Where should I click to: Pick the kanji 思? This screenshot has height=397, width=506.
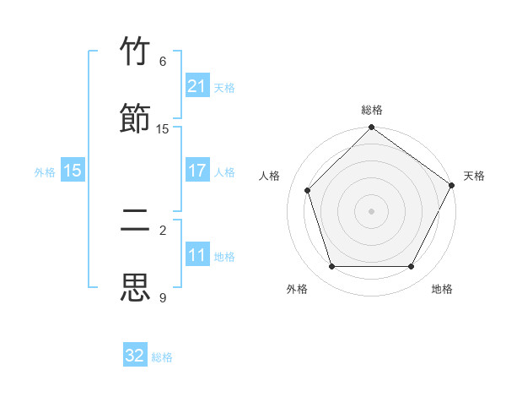136,287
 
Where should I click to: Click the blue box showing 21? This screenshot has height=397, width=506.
197,86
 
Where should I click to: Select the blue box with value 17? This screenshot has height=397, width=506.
197,171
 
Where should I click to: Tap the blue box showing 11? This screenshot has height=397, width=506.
197,255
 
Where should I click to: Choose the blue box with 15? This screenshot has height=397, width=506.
73,171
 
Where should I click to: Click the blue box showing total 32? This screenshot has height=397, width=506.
135,356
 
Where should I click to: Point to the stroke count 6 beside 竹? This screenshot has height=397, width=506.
163,62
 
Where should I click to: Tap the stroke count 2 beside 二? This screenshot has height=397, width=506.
163,231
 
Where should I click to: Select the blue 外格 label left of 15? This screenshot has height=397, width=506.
45,172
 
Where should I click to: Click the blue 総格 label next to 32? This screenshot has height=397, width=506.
162,357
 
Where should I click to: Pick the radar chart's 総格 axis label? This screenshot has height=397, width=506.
371,111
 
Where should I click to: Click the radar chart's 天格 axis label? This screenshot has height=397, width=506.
474,176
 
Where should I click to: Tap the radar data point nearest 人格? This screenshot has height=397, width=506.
308,190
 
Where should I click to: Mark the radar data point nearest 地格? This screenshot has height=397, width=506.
412,266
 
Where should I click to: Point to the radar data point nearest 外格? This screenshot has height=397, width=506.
331,266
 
